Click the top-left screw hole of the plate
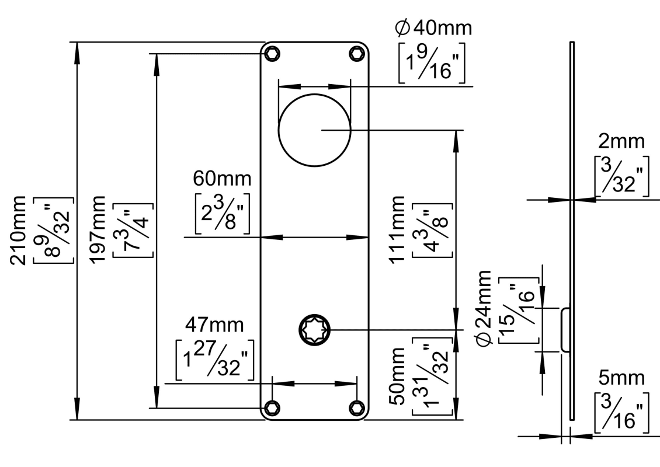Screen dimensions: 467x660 click(272, 54)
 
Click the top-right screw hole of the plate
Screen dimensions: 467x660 click(356, 54)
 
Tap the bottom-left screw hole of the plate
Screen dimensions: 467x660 click(272, 407)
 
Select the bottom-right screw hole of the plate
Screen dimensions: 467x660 click(356, 407)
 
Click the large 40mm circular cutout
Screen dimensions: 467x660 click(314, 130)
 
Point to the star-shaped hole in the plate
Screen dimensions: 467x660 click(315, 330)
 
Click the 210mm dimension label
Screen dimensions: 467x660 click(30, 230)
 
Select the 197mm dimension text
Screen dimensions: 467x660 click(109, 230)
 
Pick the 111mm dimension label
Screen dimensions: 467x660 click(400, 230)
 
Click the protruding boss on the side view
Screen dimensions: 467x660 click(565, 329)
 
